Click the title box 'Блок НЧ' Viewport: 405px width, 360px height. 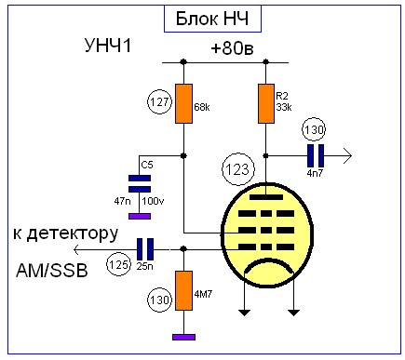(x=212, y=19)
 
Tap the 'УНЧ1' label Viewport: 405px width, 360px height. (x=108, y=46)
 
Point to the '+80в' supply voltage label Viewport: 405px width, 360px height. (x=232, y=48)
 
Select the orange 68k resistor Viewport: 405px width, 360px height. (x=183, y=103)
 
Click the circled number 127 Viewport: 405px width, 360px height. (x=159, y=102)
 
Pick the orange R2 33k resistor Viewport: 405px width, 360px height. (x=266, y=103)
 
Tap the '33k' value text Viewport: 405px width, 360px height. (x=284, y=107)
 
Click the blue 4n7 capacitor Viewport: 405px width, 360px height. (x=316, y=156)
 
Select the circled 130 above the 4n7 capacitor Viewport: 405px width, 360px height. (x=314, y=129)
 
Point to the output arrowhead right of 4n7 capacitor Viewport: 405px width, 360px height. (x=348, y=156)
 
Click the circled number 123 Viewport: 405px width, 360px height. (x=238, y=169)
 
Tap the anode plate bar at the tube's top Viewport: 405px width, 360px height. (x=266, y=197)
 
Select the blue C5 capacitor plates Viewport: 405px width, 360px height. (x=140, y=184)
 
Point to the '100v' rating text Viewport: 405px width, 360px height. (x=153, y=201)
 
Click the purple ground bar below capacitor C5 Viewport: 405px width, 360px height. (x=140, y=216)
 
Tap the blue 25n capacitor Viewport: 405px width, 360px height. (x=145, y=249)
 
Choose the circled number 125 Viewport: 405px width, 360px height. (x=118, y=265)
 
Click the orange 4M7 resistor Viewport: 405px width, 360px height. (x=183, y=290)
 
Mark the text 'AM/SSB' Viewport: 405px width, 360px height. (x=52, y=271)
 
